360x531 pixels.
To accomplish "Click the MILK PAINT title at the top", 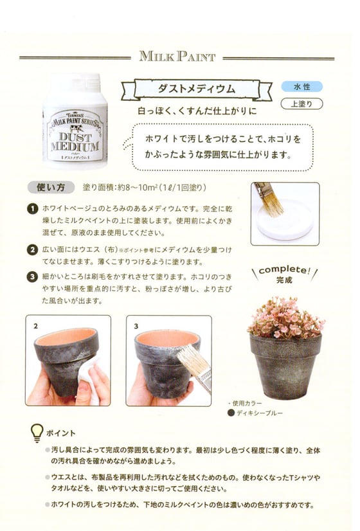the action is pyautogui.click(x=177, y=56).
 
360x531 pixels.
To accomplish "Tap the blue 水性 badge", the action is pyautogui.click(x=301, y=87).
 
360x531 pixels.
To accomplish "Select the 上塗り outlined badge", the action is pyautogui.click(x=301, y=104).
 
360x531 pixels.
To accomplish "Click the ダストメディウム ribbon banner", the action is pyautogui.click(x=197, y=89).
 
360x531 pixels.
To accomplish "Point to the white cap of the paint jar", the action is pyautogui.click(x=76, y=84).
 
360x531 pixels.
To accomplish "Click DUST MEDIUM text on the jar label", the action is pyautogui.click(x=75, y=142).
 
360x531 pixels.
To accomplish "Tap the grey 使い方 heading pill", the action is pyautogui.click(x=51, y=187).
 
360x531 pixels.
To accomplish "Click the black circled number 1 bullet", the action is pyautogui.click(x=32, y=208).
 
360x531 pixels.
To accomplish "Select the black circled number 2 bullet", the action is pyautogui.click(x=32, y=250).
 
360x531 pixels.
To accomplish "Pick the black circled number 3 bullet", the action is pyautogui.click(x=32, y=277).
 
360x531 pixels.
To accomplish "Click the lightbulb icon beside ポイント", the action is pyautogui.click(x=37, y=433).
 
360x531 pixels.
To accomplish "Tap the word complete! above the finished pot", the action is pyautogui.click(x=285, y=270).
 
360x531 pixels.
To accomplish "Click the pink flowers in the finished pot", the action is pyautogui.click(x=285, y=318).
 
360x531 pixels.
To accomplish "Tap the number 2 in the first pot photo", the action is pyautogui.click(x=35, y=326).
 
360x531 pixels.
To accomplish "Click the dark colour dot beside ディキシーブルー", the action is pyautogui.click(x=231, y=413).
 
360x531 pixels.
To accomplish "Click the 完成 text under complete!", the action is pyautogui.click(x=284, y=280).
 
